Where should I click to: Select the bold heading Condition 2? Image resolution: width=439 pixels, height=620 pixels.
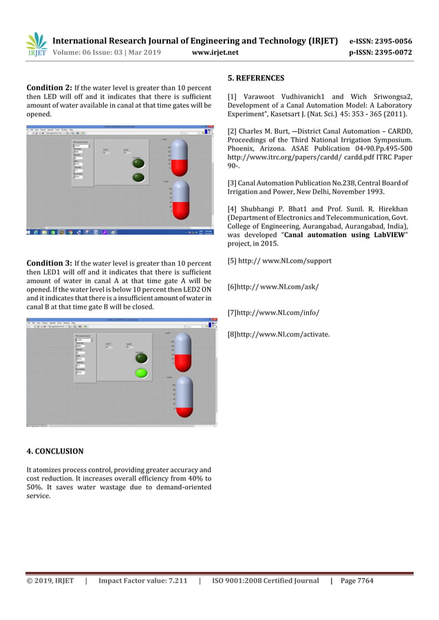click(49, 88)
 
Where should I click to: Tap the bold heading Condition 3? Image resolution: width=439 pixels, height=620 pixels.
click(49, 263)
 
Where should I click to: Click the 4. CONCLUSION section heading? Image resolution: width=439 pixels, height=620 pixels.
click(54, 452)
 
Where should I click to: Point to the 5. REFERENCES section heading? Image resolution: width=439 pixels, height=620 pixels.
click(255, 78)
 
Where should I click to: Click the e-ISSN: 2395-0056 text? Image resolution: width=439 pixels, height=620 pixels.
click(381, 41)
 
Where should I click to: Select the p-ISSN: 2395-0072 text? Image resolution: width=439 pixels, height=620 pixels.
click(381, 52)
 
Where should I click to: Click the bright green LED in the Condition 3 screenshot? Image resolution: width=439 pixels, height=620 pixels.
click(141, 373)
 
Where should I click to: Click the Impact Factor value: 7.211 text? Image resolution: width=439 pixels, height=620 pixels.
click(143, 581)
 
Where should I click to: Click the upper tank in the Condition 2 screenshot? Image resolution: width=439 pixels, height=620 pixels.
click(179, 157)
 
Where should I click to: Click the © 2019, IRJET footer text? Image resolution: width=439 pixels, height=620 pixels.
click(50, 581)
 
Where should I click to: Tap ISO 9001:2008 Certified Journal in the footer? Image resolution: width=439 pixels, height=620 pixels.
click(265, 581)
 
